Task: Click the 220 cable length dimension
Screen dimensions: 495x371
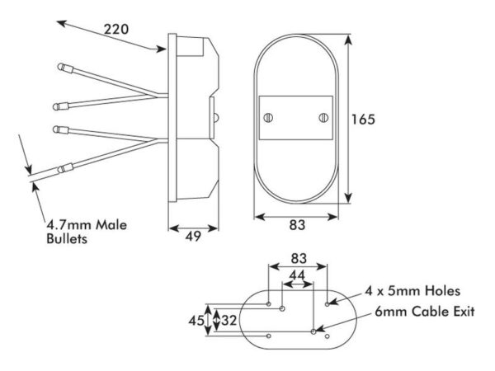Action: [x=116, y=30]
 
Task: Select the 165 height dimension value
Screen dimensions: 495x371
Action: [x=363, y=120]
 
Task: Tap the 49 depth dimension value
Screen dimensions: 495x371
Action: [x=193, y=236]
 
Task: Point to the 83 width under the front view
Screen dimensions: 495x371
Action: [x=297, y=225]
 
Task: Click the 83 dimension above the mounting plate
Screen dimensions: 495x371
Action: [x=299, y=258]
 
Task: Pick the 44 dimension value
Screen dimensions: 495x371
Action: [x=297, y=275]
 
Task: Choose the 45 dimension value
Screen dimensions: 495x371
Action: [x=196, y=321]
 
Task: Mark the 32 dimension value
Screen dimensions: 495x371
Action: [x=229, y=321]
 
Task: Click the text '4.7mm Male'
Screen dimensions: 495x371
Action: [x=87, y=225]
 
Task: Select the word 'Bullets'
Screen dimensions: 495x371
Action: [x=67, y=238]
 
